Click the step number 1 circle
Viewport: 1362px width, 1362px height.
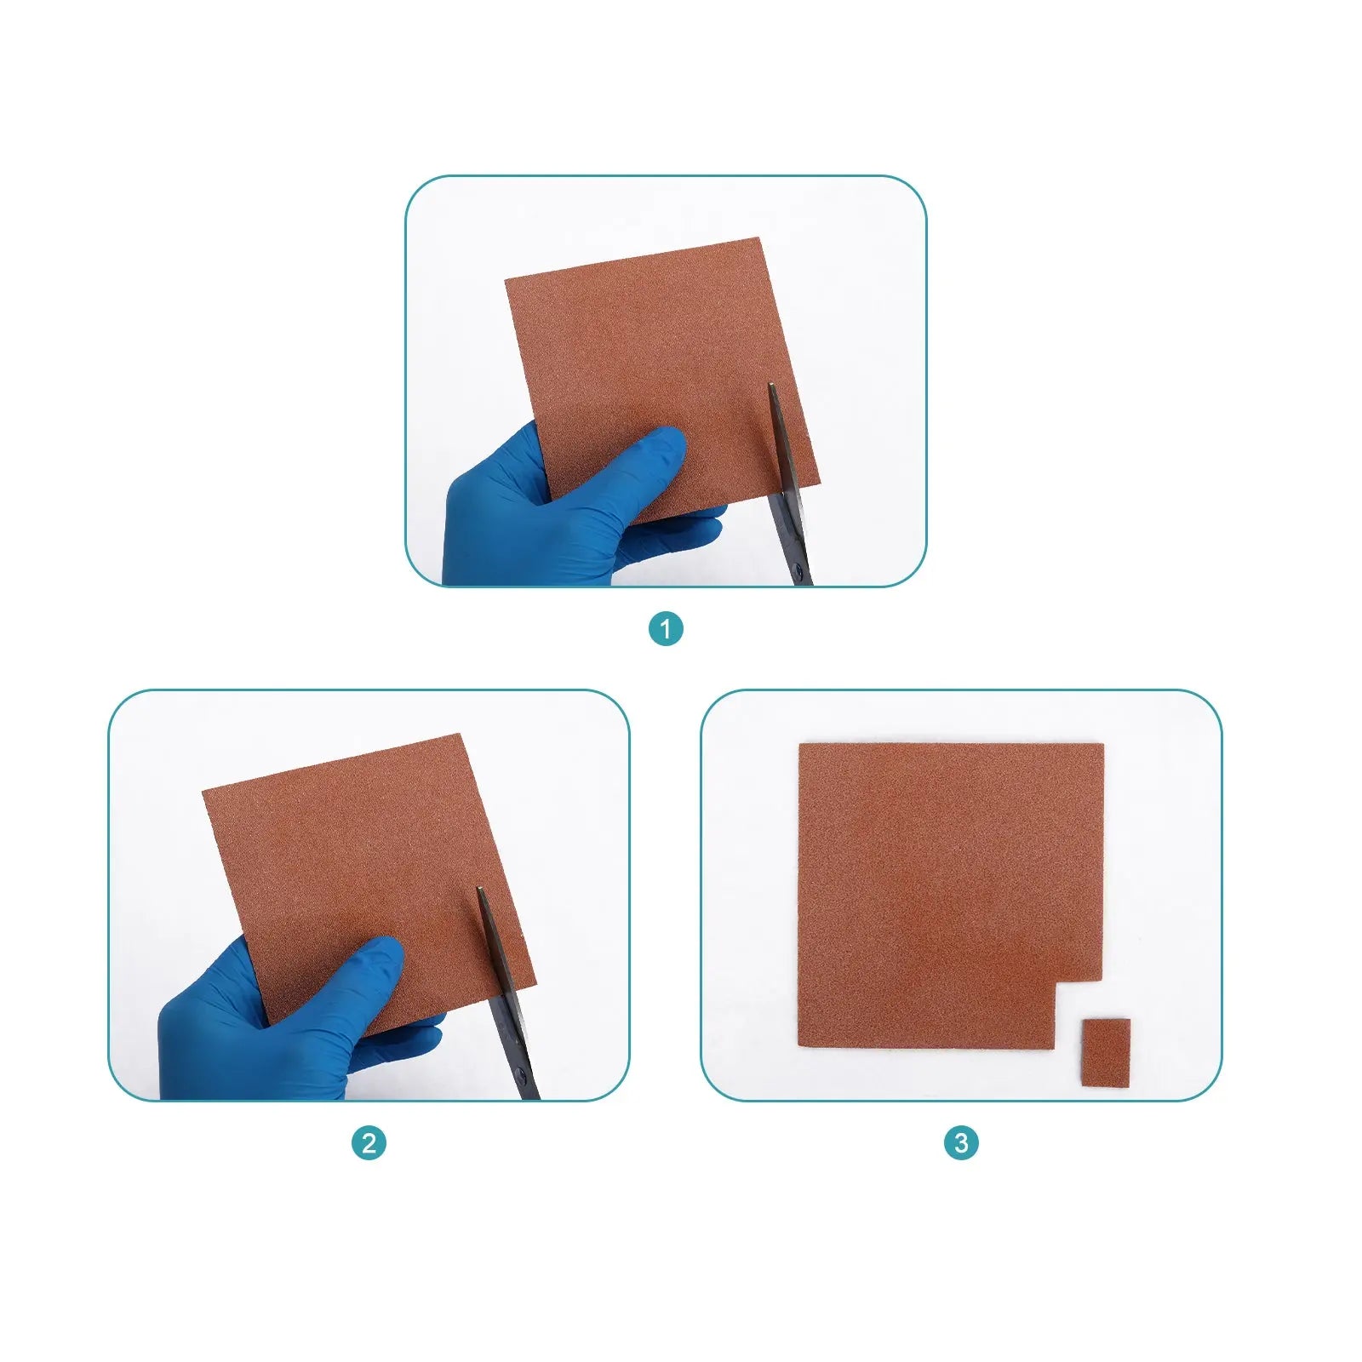coord(666,629)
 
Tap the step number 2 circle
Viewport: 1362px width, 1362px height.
coord(369,1142)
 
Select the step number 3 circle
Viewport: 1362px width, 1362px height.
coord(961,1142)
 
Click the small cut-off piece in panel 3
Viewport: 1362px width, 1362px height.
coord(1105,1052)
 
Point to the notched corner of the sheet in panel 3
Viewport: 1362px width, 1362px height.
coord(1056,982)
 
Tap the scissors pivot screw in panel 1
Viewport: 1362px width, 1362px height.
coord(797,569)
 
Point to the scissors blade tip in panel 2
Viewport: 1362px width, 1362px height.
coord(479,888)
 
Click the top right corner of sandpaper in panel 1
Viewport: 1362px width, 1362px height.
coord(758,238)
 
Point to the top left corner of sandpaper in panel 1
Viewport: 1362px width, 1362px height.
coord(506,278)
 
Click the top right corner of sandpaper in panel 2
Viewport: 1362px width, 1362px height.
coord(461,735)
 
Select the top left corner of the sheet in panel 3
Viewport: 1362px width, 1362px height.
coord(799,745)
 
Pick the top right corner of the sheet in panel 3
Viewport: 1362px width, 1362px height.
coord(1103,745)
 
